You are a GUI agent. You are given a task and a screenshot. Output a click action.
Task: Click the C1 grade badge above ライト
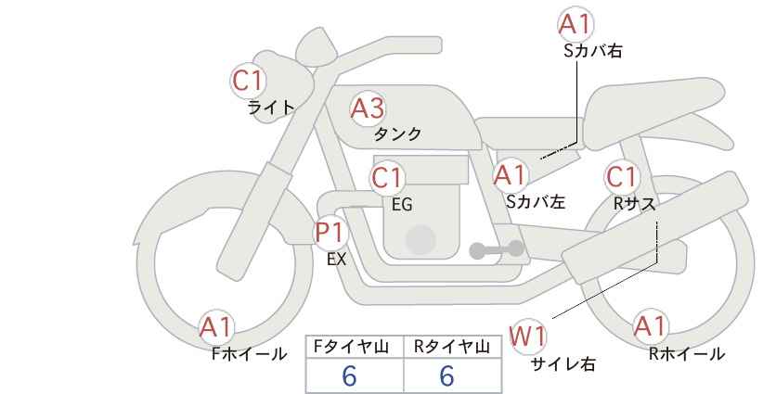click(x=249, y=82)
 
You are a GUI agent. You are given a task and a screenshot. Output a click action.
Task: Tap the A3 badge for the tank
click(x=367, y=109)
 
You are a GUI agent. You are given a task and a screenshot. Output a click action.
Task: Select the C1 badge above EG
click(x=388, y=177)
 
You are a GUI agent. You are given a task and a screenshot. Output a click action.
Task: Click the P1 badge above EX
click(x=330, y=232)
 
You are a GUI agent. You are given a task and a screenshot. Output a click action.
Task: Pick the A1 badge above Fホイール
click(x=216, y=327)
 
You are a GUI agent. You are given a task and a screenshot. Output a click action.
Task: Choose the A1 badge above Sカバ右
click(x=575, y=25)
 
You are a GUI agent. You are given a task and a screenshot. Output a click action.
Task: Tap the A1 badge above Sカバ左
click(x=510, y=174)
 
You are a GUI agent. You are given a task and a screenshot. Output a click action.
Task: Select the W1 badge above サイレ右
click(x=528, y=336)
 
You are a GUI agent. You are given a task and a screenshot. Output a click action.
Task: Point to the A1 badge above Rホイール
click(x=650, y=326)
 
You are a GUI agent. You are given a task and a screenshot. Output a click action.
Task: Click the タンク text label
click(x=398, y=134)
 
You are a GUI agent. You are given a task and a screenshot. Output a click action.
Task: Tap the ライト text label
click(x=271, y=108)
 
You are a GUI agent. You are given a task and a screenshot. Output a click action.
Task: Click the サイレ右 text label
click(x=563, y=364)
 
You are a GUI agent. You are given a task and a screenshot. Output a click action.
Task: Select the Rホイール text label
click(x=686, y=354)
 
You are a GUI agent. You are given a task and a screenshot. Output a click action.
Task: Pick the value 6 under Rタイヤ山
click(x=446, y=376)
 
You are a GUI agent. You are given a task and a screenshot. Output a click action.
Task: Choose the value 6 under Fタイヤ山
click(x=349, y=376)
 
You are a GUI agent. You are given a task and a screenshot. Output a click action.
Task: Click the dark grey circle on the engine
click(x=420, y=239)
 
